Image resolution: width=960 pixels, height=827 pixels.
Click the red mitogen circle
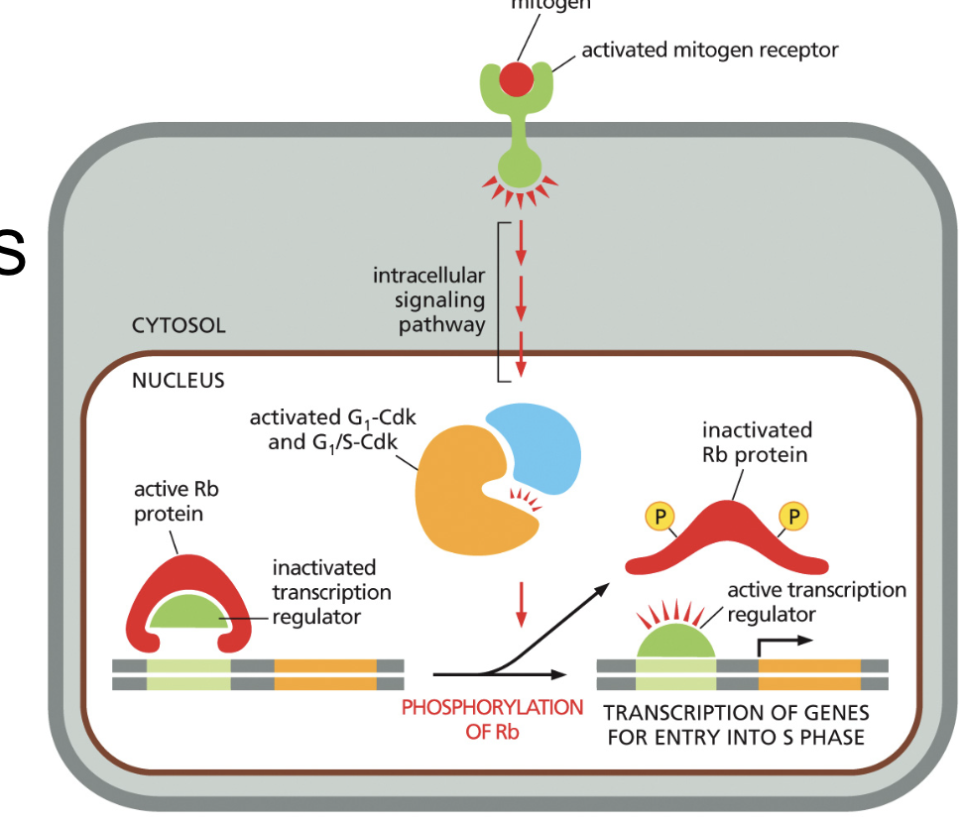[x=517, y=78]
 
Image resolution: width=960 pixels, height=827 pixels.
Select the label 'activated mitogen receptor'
[x=709, y=50]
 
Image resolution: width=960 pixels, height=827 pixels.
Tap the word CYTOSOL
[x=179, y=325]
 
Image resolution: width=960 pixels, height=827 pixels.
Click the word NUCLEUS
[x=179, y=380]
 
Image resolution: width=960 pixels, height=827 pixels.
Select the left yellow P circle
[x=659, y=516]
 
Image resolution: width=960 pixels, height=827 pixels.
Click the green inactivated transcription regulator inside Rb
[x=188, y=613]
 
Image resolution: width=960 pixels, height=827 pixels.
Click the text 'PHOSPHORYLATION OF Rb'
[x=492, y=720]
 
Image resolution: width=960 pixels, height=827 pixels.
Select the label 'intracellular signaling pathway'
[x=429, y=299]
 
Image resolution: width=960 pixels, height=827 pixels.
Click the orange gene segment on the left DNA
[x=324, y=674]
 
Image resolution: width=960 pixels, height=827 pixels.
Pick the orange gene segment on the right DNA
[x=809, y=674]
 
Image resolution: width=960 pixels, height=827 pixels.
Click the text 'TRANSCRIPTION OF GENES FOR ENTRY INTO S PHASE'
[x=736, y=725]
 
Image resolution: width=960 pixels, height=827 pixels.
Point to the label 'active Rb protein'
[x=169, y=501]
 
